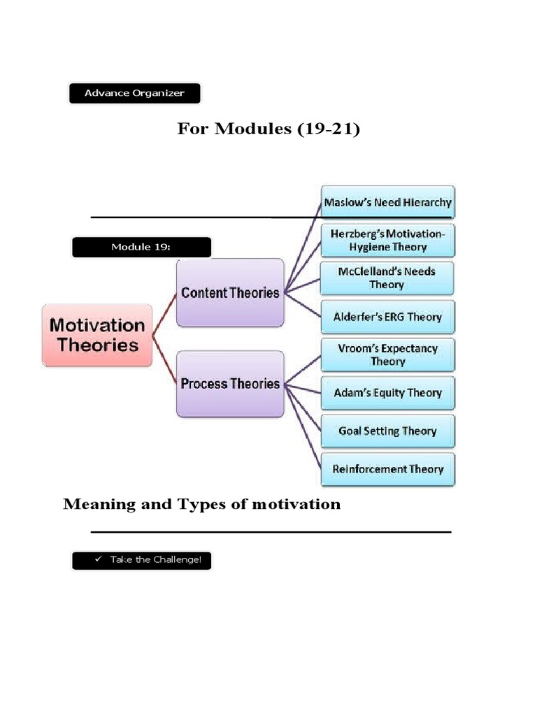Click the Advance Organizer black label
click(134, 93)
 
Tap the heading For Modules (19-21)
click(268, 129)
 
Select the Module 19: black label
click(141, 247)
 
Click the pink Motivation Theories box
click(97, 335)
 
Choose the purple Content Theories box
click(230, 292)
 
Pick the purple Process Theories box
click(230, 383)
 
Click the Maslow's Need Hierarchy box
click(387, 202)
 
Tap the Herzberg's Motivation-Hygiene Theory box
click(387, 240)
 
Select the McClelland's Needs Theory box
click(387, 278)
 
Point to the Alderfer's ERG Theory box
click(387, 316)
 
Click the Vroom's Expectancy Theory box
click(387, 355)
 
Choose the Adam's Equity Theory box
click(387, 392)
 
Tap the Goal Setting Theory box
click(387, 431)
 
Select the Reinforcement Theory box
click(387, 468)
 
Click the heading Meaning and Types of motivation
click(202, 504)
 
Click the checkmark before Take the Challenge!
click(98, 560)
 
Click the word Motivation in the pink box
click(97, 325)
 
